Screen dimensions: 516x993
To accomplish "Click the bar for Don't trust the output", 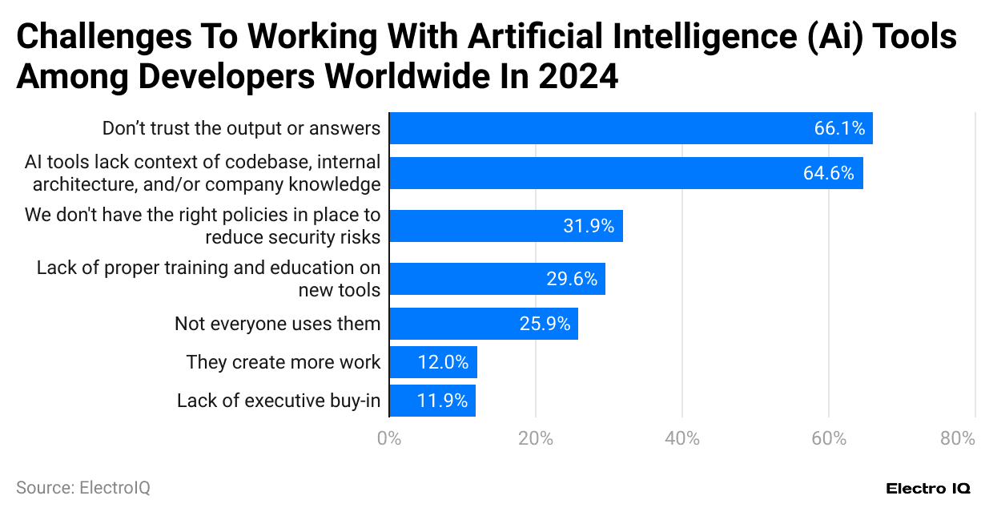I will click(630, 128).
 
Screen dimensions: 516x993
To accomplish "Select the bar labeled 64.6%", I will click(625, 173).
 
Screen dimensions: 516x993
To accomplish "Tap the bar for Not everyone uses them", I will click(483, 324).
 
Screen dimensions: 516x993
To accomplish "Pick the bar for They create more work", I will click(432, 362).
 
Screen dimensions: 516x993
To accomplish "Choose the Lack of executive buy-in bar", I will click(432, 401).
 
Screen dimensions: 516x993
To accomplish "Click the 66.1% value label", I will click(839, 128).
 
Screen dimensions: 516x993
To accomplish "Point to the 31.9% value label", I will click(589, 227).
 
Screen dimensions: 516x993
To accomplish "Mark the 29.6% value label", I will click(572, 279).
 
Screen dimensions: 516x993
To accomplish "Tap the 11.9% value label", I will click(442, 401).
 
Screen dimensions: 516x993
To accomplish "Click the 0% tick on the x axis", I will click(388, 438).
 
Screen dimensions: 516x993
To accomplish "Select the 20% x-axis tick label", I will click(535, 438).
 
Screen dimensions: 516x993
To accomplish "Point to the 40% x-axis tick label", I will click(681, 438).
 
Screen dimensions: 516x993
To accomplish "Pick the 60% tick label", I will click(829, 438).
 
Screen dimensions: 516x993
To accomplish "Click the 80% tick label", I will click(958, 438).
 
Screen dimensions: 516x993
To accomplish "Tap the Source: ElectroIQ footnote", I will click(83, 487).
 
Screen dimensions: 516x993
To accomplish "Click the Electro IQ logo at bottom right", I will click(928, 488).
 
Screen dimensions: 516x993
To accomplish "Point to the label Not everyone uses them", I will click(277, 324).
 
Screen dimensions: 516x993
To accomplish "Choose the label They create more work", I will click(283, 362).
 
